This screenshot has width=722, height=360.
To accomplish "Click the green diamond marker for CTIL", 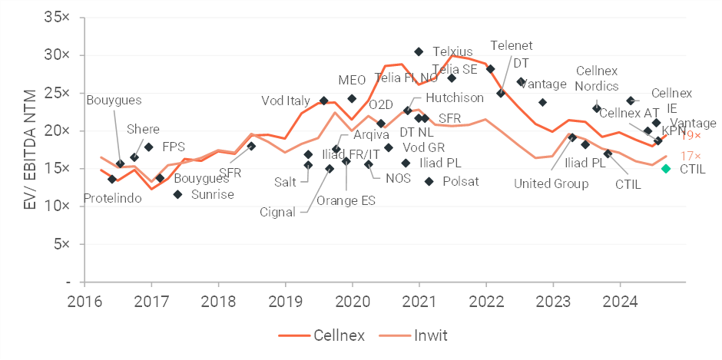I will coord(666,168).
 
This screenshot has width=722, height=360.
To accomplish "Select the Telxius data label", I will coord(452,51).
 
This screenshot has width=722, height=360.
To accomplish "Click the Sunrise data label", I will coord(213,194).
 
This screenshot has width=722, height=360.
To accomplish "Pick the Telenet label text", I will coord(511,45).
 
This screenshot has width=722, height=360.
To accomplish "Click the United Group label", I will coord(551,183).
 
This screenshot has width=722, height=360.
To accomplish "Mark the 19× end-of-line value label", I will coord(694,135).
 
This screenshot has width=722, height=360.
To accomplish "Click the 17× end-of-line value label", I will coord(694,157).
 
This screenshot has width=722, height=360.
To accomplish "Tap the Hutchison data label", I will coord(455,97).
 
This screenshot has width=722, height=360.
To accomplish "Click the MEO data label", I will coord(352,80).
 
